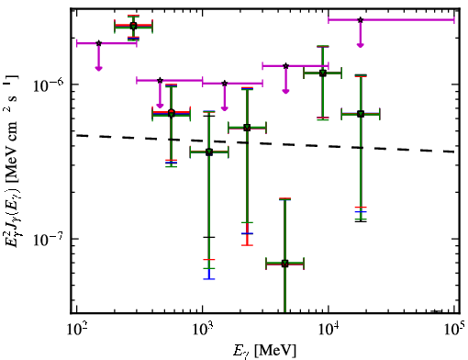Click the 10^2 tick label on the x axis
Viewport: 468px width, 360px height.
click(76, 329)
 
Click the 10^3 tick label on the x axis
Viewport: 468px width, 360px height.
click(203, 329)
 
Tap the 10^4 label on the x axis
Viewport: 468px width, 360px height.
click(329, 329)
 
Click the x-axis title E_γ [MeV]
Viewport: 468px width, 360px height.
click(264, 351)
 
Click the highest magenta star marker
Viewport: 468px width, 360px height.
click(361, 20)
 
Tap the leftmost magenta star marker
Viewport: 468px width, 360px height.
click(98, 43)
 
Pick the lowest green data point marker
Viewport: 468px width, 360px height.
click(284, 264)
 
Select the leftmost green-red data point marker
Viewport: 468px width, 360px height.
click(133, 26)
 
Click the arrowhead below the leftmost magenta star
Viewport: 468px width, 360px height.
click(98, 68)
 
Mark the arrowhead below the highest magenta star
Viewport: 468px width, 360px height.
click(361, 45)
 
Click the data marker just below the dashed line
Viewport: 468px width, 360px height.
click(209, 152)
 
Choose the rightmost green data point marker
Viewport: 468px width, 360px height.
click(361, 114)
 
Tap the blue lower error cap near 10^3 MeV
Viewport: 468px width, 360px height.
click(209, 278)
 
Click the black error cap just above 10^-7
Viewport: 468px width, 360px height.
click(209, 237)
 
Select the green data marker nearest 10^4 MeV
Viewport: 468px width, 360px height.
click(323, 73)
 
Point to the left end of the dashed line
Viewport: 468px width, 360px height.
click(76, 135)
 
